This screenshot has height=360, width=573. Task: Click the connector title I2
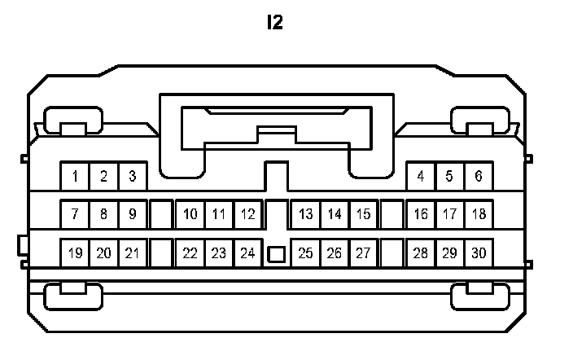point(275,23)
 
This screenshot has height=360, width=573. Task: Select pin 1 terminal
point(75,176)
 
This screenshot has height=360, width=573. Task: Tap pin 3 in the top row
point(132,176)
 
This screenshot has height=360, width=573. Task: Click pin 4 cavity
point(421,176)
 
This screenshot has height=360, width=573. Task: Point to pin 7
point(75,215)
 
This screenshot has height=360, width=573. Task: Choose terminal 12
point(247,215)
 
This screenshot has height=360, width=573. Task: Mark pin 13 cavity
point(306,215)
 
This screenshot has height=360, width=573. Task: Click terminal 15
point(363,215)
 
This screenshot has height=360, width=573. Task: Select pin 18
point(479,215)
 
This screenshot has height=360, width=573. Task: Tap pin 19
point(75,253)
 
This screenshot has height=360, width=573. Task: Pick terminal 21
point(132,253)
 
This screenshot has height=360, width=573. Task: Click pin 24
point(247,253)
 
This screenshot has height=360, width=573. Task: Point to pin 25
point(306,253)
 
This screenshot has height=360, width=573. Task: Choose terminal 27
point(363,253)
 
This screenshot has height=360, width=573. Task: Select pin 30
point(479,253)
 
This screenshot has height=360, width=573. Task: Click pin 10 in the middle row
point(190,215)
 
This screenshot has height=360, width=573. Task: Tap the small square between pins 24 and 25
point(277,254)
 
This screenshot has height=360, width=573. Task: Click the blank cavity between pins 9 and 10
point(161,215)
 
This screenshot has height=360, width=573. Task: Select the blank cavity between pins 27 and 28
point(392,253)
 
